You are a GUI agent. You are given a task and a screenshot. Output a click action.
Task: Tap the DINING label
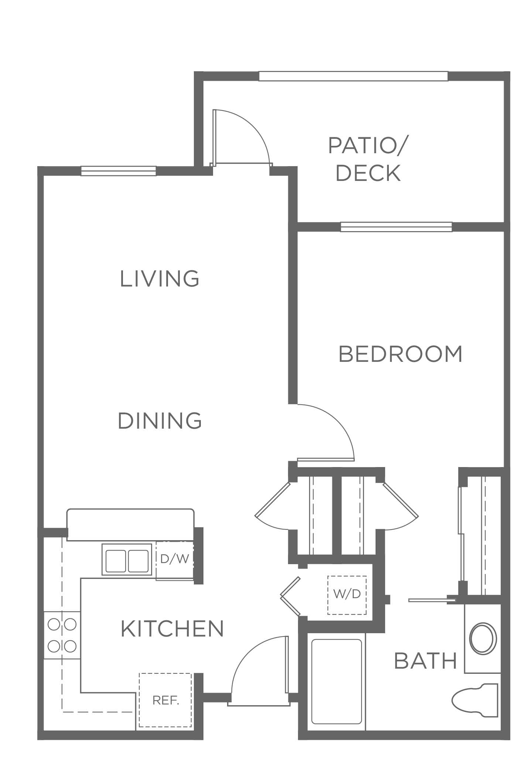[x=160, y=421]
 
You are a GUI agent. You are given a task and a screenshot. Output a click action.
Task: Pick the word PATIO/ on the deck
[x=367, y=145]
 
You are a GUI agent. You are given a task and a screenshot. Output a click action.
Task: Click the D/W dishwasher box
[x=175, y=559]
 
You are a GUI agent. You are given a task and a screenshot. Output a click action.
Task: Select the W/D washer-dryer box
[x=347, y=595]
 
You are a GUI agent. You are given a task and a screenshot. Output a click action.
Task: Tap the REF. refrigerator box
[x=165, y=700]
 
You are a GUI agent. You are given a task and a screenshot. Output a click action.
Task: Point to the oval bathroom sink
[x=483, y=639]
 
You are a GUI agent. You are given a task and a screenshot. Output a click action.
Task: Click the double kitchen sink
[x=127, y=559]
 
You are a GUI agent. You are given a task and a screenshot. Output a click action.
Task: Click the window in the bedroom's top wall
[x=396, y=227]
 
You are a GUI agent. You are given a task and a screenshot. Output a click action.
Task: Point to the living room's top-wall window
[x=118, y=171]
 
